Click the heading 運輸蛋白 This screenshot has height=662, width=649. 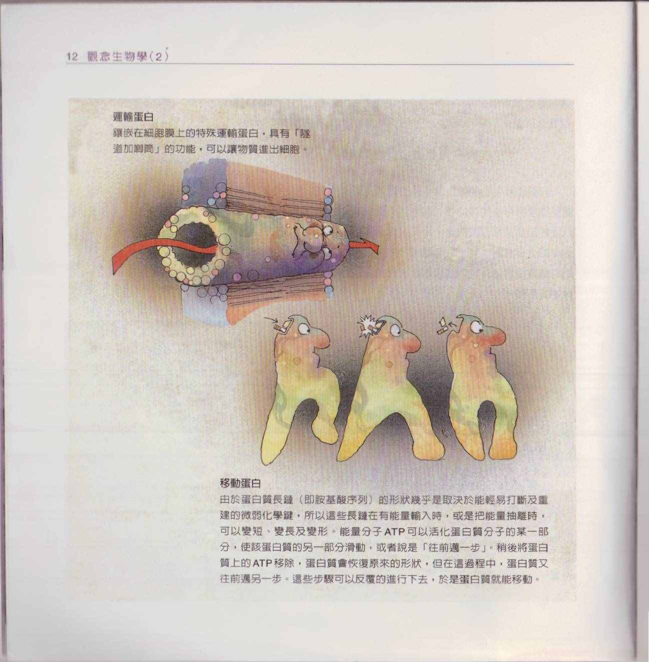click(x=133, y=117)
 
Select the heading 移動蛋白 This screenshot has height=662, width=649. click(x=240, y=483)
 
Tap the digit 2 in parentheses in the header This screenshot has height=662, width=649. click(x=158, y=57)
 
